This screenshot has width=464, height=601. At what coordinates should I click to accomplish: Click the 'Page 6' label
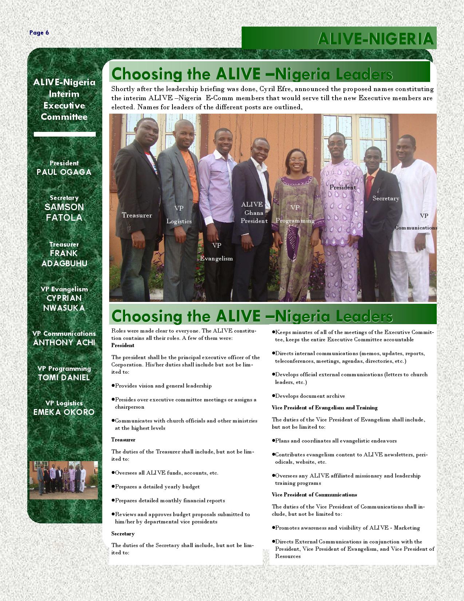click(39, 33)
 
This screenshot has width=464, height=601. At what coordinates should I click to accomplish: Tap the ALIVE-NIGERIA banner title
click(375, 39)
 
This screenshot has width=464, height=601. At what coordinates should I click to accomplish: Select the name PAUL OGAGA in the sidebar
click(64, 172)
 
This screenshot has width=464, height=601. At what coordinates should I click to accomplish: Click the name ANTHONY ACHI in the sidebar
click(64, 342)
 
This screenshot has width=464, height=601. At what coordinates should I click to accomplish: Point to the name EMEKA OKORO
click(64, 412)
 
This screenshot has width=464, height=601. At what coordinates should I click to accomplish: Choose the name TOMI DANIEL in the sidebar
click(64, 377)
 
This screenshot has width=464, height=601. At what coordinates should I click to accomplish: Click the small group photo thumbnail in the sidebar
click(63, 480)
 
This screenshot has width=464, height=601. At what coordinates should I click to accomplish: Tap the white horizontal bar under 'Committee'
click(65, 134)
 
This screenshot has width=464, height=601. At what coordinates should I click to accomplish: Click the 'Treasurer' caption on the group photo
click(137, 215)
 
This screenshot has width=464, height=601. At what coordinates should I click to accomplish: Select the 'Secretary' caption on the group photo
click(386, 199)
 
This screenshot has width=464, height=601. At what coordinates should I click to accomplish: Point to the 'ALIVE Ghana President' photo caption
click(254, 213)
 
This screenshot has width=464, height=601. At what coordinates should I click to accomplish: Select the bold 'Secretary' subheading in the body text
click(123, 534)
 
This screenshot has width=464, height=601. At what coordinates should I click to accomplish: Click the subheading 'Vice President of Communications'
click(314, 495)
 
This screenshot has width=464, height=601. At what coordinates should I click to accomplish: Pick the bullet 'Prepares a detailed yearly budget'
click(157, 487)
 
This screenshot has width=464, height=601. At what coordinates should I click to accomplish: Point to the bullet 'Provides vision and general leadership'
click(163, 386)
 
